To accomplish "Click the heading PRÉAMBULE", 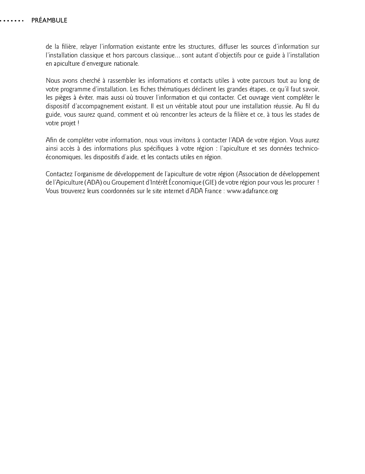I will tap(49, 21).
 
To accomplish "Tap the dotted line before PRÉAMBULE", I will tap(12, 21).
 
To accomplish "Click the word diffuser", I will tap(229, 47).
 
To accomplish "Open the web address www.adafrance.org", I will tap(252, 191).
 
